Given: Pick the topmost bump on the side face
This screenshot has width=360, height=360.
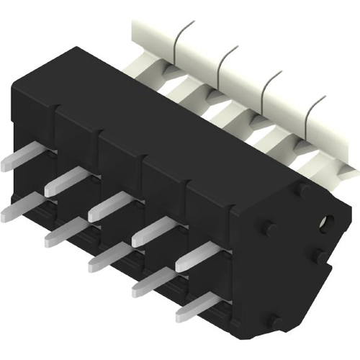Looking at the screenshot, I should coord(302,188).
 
